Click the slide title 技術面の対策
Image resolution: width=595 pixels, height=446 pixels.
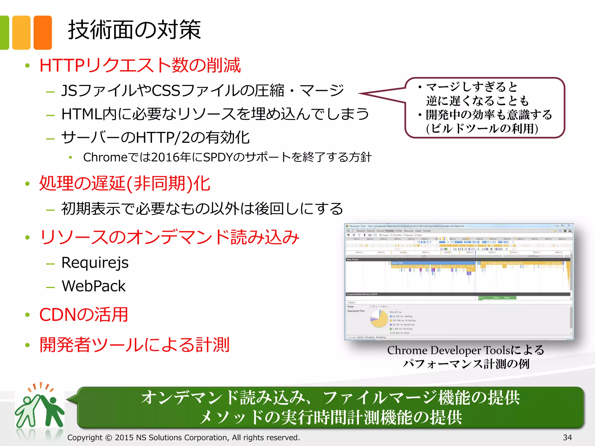tap(134, 30)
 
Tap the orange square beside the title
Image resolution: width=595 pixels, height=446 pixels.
tap(43, 33)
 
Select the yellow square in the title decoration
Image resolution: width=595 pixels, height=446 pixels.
tap(21, 33)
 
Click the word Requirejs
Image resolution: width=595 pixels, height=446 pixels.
tap(95, 263)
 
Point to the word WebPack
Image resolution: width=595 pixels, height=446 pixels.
tap(94, 286)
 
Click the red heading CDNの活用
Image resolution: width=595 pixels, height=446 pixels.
tap(84, 315)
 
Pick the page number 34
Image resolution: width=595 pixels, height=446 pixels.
tap(567, 437)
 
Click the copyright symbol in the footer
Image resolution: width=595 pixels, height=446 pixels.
tap(108, 438)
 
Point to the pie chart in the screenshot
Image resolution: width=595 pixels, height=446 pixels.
tap(379, 319)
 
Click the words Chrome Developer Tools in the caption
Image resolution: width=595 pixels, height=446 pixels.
tap(449, 350)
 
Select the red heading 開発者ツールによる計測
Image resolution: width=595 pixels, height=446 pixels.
tap(134, 345)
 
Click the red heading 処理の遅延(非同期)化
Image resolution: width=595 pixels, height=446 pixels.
tap(125, 184)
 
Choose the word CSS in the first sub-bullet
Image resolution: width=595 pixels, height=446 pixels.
tap(166, 91)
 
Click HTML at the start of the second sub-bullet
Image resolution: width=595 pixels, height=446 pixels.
tap(82, 114)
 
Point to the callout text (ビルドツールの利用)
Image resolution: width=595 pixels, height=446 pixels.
tap(482, 129)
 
